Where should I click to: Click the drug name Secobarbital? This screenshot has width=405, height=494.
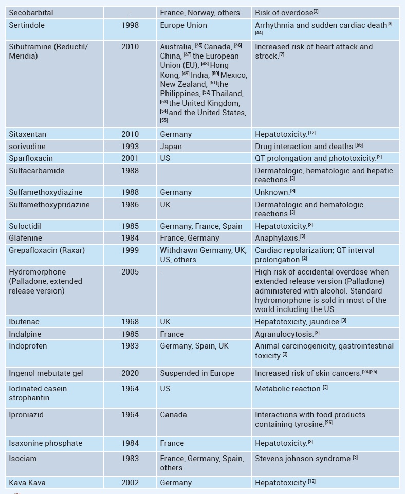(x=31, y=13)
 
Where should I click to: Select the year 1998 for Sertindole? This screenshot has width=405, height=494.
(x=130, y=25)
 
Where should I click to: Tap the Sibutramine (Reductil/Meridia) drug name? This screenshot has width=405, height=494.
(x=48, y=51)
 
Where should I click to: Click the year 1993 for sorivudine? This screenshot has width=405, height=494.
(x=130, y=147)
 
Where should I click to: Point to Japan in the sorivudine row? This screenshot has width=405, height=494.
(x=171, y=147)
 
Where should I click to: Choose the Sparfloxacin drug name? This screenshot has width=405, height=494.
(x=31, y=158)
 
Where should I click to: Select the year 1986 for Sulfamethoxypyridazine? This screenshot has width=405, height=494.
(x=130, y=205)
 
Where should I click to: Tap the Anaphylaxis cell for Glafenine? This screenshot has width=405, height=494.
(x=277, y=238)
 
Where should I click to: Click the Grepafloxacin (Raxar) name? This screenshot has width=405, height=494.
(x=47, y=250)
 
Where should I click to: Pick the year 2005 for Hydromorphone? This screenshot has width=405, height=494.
(x=130, y=272)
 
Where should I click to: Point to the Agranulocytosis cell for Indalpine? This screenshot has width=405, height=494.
(x=284, y=334)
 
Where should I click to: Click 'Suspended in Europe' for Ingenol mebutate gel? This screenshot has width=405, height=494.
(x=197, y=373)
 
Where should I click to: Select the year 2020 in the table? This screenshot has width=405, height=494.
(x=130, y=373)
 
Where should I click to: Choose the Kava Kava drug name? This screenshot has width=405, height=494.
(x=27, y=483)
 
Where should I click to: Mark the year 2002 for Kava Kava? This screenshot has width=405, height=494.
(x=130, y=483)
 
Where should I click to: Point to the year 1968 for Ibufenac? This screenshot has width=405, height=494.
(x=130, y=322)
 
